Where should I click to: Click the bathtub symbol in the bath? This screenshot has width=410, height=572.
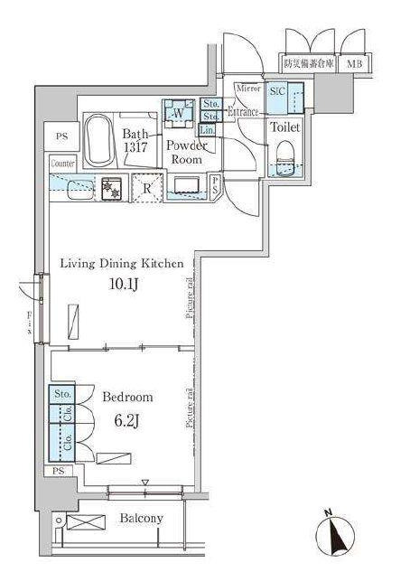[97, 140]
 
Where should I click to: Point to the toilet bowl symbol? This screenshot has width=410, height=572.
[287, 155]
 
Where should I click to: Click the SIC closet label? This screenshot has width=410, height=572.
[277, 90]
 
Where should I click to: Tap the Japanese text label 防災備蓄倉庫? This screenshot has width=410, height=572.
[308, 63]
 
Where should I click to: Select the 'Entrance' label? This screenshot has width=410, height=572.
[244, 112]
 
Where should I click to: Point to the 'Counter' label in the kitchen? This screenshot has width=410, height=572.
[62, 164]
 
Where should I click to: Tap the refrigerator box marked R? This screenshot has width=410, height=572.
[146, 188]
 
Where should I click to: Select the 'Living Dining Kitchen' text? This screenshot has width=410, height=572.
[122, 264]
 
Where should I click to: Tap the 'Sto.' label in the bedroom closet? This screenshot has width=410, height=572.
[62, 394]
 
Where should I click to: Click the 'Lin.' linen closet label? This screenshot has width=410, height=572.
[209, 129]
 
